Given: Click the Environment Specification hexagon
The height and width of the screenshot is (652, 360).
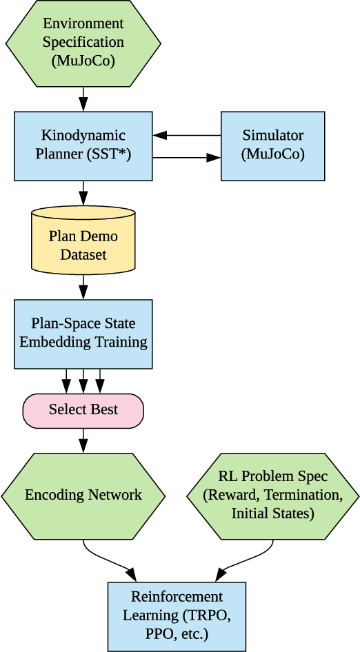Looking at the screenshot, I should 83,42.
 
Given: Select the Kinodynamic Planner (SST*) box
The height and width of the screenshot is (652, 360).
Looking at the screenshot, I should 83,146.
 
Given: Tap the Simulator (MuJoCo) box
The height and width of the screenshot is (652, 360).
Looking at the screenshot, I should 272,146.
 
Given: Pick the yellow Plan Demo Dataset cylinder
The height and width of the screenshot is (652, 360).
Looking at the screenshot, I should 83,245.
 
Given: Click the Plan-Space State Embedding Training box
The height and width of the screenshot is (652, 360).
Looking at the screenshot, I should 83,334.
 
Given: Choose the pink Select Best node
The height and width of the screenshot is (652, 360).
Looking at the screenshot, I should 83,410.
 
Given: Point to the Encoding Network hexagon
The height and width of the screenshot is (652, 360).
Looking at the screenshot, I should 83,495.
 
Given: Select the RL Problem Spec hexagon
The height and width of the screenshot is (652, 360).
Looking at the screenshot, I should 272,495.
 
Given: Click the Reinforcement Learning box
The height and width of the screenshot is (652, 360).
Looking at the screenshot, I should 177,616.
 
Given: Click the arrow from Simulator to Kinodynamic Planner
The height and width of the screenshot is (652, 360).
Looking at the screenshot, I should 186,135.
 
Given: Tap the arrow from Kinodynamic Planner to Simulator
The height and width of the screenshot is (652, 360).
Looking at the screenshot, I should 186,158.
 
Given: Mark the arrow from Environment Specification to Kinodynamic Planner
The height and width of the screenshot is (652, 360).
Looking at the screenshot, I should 83,99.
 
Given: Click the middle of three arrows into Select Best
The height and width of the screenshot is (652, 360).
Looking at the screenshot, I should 83,381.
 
